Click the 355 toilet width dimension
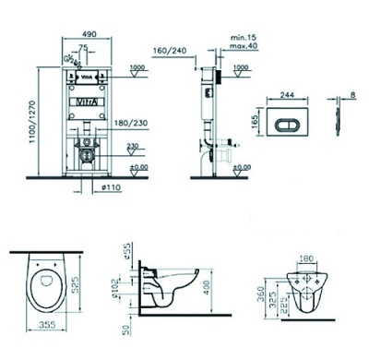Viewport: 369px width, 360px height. click(x=50, y=325)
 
